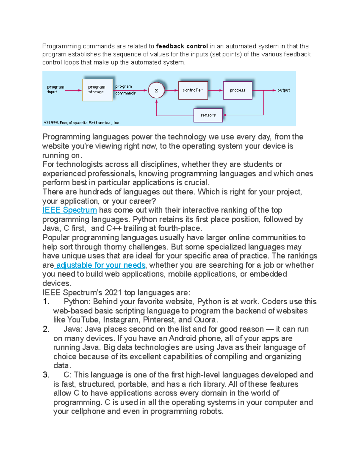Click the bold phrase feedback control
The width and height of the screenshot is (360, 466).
[182, 46]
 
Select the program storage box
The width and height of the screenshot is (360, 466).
[97, 90]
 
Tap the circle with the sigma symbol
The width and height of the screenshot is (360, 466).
[156, 90]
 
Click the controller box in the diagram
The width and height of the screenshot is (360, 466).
[193, 90]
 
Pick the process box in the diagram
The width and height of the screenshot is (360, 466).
[238, 90]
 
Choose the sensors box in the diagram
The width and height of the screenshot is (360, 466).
[208, 115]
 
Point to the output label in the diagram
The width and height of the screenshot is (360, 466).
[283, 90]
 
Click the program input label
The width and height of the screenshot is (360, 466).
[55, 89]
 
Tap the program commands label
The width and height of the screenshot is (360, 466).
[125, 90]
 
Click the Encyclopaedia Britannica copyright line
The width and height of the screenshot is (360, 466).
[82, 122]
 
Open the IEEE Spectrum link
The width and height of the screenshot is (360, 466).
[70, 210]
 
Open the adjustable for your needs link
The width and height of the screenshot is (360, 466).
[100, 265]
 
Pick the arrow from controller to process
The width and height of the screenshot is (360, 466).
[215, 90]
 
